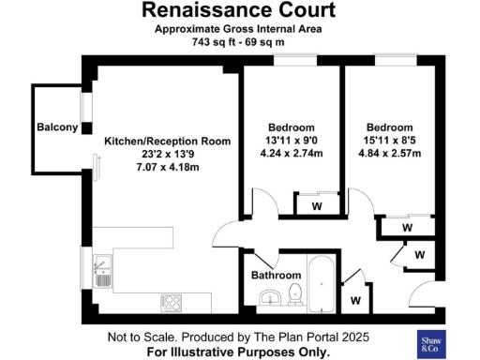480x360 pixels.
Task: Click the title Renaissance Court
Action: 239,11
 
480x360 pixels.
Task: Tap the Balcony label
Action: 57,127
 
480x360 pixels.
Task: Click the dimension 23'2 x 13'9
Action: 167,154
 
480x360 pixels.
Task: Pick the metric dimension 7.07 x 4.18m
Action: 167,167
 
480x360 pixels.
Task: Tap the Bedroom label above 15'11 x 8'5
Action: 389,127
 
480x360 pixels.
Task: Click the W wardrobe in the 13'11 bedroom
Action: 316,206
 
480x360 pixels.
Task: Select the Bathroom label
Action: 275,276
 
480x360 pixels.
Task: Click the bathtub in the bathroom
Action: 321,280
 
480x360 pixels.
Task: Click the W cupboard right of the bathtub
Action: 355,300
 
